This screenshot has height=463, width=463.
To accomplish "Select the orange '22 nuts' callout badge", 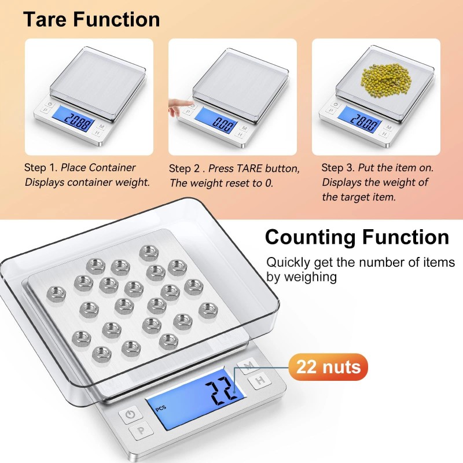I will (x=328, y=366).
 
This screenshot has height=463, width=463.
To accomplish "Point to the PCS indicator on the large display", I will (x=160, y=408).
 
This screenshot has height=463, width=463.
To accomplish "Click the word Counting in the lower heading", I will (x=310, y=237).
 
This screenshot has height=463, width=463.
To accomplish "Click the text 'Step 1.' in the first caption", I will (x=41, y=168).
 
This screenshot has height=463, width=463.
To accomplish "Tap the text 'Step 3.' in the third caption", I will (x=338, y=168).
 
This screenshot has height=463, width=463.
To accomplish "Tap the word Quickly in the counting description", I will (x=288, y=262).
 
